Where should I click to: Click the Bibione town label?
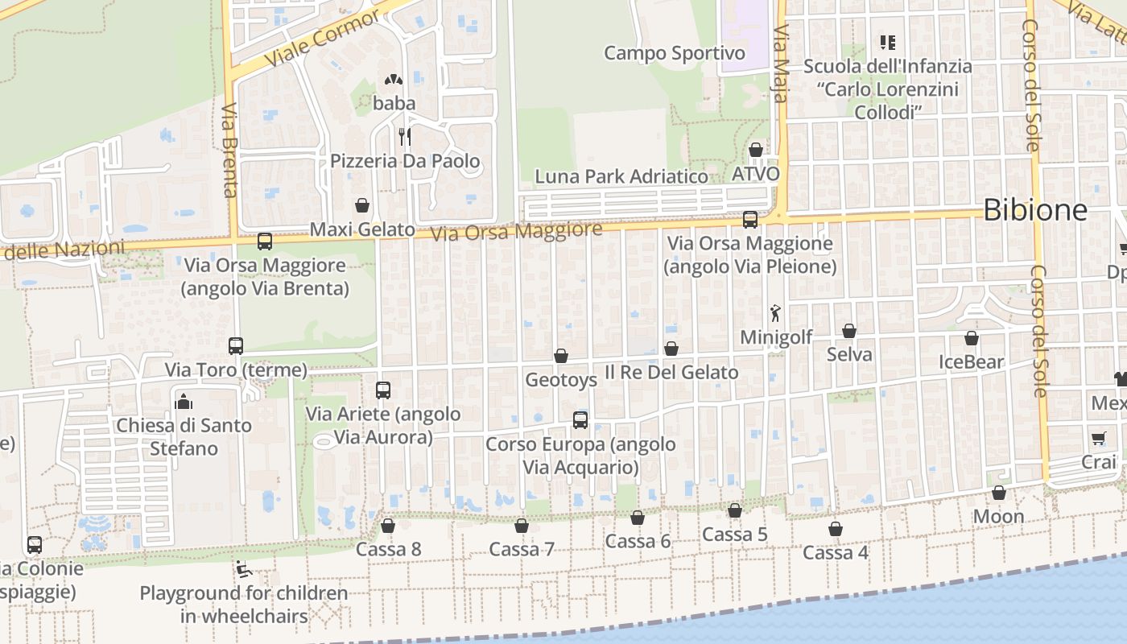pyautogui.click(x=1035, y=211)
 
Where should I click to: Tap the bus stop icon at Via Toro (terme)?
pyautogui.click(x=236, y=346)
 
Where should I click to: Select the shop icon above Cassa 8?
pyautogui.click(x=388, y=526)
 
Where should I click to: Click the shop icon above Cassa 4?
pyautogui.click(x=836, y=529)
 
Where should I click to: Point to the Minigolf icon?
pyautogui.click(x=775, y=313)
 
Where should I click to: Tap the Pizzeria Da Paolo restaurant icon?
pyautogui.click(x=405, y=137)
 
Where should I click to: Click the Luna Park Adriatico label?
pyautogui.click(x=621, y=176)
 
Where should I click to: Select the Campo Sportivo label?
pyautogui.click(x=675, y=53)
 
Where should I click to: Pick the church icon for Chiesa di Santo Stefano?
pyautogui.click(x=184, y=401)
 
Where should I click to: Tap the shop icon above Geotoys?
pyautogui.click(x=561, y=356)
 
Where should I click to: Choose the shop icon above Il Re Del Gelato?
pyautogui.click(x=671, y=349)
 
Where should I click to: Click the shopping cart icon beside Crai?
pyautogui.click(x=1099, y=439)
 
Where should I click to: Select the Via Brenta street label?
pyautogui.click(x=229, y=151)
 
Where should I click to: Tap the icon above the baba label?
pyautogui.click(x=394, y=80)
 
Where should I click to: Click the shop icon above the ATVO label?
pyautogui.click(x=756, y=150)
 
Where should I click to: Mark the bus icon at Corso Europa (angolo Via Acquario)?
pyautogui.click(x=580, y=419)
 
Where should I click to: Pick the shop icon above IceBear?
pyautogui.click(x=972, y=338)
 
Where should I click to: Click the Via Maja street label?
pyautogui.click(x=779, y=64)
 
